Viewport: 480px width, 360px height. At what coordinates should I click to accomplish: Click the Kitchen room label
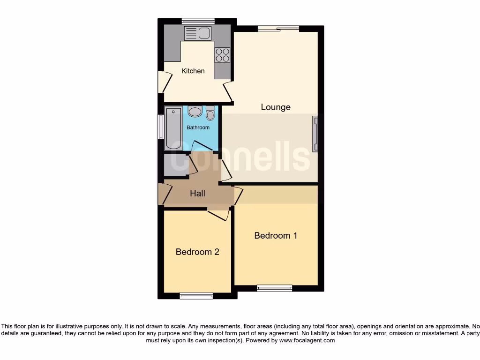coord(193,71)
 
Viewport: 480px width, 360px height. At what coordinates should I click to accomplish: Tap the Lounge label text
coord(276,107)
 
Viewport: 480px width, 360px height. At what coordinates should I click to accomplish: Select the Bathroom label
coord(198,127)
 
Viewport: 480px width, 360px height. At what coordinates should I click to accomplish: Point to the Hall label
coord(197,193)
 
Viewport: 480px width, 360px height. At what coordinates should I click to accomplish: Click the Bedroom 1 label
coord(276,235)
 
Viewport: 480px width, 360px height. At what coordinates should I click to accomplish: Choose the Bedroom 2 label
coord(197,252)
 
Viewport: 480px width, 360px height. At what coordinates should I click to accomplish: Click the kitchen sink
coord(198,33)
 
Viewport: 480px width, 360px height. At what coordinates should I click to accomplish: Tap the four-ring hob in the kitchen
coord(222,55)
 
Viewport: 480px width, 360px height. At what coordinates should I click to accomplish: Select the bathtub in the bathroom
coord(172,128)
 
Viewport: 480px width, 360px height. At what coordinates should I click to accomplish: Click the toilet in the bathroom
coord(210,113)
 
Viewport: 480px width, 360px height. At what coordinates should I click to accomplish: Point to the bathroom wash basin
coord(194,112)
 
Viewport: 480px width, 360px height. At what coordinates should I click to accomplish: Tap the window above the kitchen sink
coord(198,20)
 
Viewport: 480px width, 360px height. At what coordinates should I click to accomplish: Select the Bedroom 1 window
coord(275,288)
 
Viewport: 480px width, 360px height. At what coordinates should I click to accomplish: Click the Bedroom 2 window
coord(196,296)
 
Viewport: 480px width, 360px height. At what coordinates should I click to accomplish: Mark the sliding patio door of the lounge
coord(278,29)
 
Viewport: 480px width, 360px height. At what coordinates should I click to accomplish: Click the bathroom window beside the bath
coord(160,127)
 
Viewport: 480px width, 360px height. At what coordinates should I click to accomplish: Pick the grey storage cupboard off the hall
coord(175,165)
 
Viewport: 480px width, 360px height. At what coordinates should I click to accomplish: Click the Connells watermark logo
coord(240,158)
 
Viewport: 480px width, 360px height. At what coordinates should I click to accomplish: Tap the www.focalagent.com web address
coord(307,341)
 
